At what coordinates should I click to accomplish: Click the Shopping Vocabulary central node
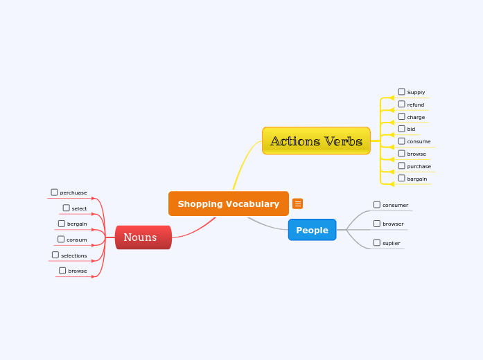(x=228, y=204)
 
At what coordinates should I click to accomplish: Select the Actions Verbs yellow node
(x=316, y=141)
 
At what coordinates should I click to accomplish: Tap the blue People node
(x=312, y=230)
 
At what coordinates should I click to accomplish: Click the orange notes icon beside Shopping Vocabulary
(x=297, y=204)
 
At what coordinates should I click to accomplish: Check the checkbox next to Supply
(x=401, y=91)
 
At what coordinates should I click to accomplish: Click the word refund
(x=416, y=105)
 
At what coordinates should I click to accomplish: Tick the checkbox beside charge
(x=401, y=116)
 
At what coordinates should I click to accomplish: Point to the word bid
(x=411, y=129)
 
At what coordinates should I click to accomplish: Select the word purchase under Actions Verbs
(x=419, y=166)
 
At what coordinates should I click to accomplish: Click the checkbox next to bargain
(x=401, y=178)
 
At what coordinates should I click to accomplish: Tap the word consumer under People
(x=395, y=205)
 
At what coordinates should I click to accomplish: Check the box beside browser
(x=377, y=223)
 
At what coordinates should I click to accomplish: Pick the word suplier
(x=392, y=243)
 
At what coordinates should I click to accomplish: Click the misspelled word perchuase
(x=73, y=192)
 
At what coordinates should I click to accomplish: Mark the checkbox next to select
(x=66, y=208)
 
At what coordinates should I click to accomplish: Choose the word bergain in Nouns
(x=77, y=224)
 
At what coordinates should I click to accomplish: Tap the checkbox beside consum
(x=61, y=239)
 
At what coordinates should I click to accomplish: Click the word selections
(x=74, y=255)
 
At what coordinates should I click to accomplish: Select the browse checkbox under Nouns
(x=62, y=271)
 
